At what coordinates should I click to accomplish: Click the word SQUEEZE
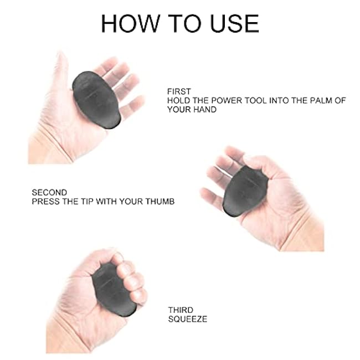[x=187, y=320]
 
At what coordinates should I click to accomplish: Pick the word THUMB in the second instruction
[x=161, y=202]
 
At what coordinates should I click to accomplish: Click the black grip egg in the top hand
[x=96, y=98]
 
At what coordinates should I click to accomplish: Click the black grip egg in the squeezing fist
[x=114, y=288]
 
